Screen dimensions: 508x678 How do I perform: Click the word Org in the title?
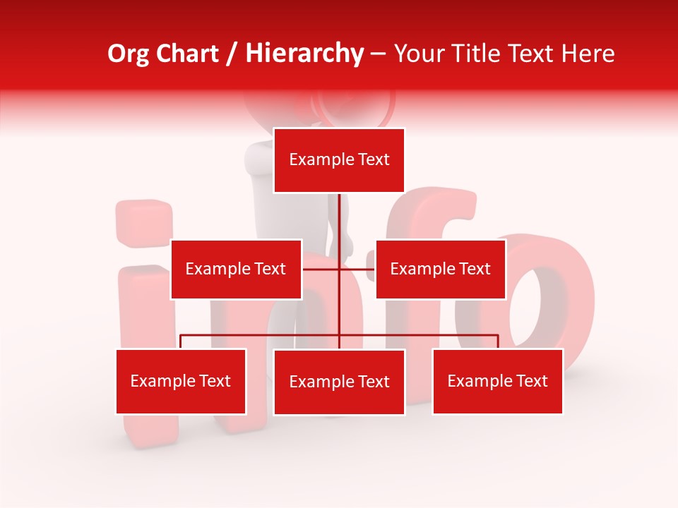click(x=128, y=54)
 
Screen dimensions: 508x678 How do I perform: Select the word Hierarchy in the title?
click(x=304, y=54)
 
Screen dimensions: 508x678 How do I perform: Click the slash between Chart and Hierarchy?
click(x=232, y=54)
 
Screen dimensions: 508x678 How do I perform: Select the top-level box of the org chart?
click(x=339, y=160)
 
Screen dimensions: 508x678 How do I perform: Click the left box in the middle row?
click(x=236, y=269)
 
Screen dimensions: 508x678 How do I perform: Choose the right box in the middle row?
click(x=440, y=269)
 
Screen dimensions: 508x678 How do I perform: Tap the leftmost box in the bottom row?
click(x=181, y=381)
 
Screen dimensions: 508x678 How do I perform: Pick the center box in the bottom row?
click(x=339, y=382)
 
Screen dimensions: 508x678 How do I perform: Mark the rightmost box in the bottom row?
click(x=497, y=381)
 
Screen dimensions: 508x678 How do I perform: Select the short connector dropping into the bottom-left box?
click(x=181, y=341)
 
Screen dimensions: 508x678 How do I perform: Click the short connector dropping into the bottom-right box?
click(x=498, y=341)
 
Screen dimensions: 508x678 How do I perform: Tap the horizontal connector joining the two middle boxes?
click(x=357, y=269)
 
